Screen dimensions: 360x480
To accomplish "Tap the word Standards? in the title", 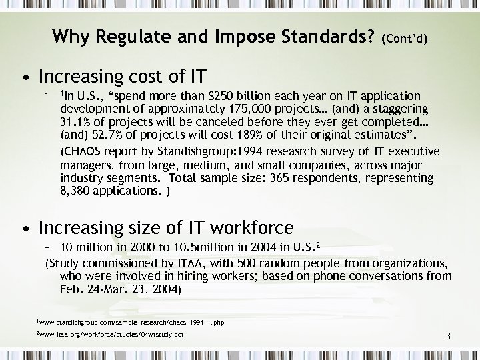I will point(322,35).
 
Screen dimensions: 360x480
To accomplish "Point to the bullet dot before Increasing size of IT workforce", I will point(25,229).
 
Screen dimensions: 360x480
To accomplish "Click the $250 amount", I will point(225,96).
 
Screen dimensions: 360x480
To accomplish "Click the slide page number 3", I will point(449,338).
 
